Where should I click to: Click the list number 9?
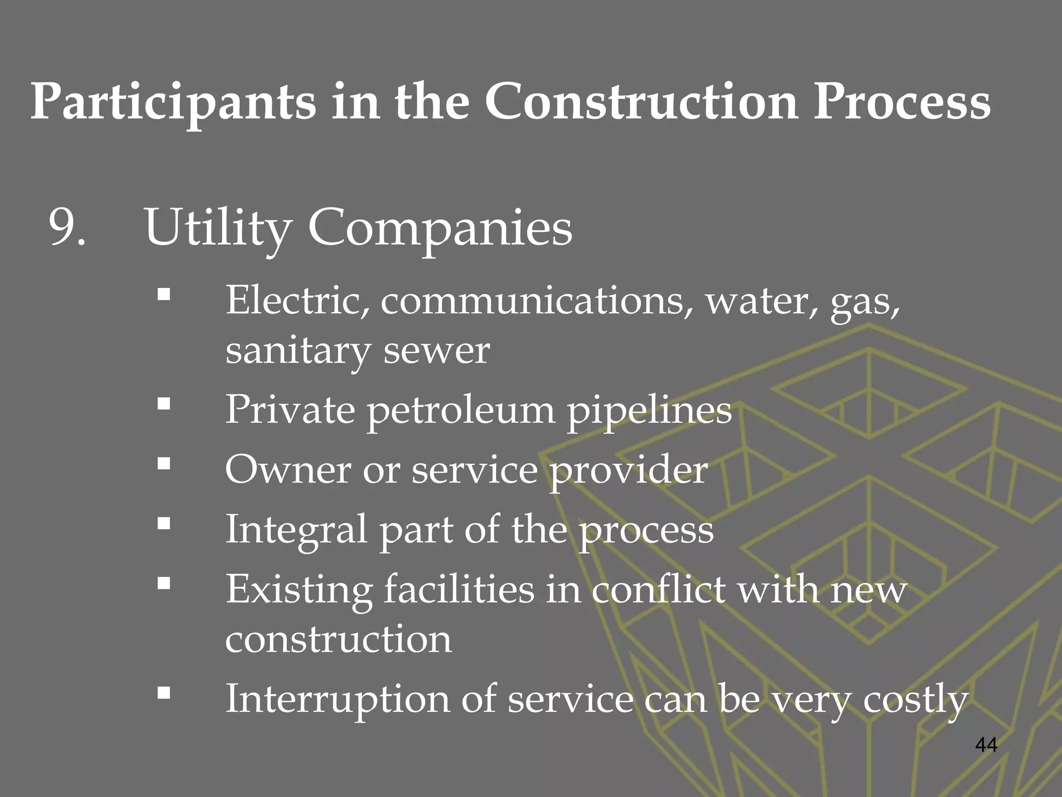click(x=66, y=227)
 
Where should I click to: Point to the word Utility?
click(x=217, y=228)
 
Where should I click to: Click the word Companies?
click(x=440, y=228)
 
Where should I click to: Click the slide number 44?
click(x=986, y=745)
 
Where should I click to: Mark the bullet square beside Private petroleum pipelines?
click(x=164, y=404)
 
